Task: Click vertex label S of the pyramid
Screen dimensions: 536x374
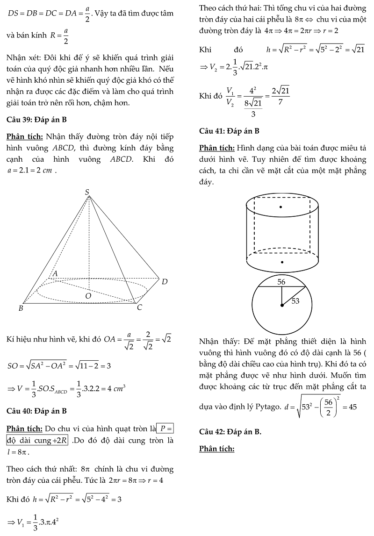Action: [x=87, y=192]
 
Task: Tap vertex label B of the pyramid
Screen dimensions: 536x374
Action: [x=21, y=308]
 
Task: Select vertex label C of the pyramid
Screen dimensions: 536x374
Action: [x=139, y=308]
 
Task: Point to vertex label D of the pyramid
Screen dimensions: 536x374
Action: [x=164, y=282]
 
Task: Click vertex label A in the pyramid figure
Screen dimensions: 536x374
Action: [x=55, y=273]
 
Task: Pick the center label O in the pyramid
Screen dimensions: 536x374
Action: [x=88, y=296]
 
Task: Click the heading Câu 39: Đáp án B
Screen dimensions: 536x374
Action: [x=37, y=120]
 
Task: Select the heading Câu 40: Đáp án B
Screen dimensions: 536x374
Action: [x=37, y=411]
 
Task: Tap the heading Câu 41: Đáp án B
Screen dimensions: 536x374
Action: [x=229, y=131]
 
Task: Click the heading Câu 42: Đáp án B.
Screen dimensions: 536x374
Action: [x=230, y=432]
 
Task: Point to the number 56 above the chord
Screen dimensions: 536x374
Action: [x=281, y=282]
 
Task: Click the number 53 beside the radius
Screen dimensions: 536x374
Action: [x=295, y=301]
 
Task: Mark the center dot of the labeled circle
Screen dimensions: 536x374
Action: [x=281, y=306]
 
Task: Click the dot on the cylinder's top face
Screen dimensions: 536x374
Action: [x=280, y=207]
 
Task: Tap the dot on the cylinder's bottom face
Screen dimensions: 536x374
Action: [x=281, y=262]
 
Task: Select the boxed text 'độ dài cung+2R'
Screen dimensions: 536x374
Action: [x=37, y=441]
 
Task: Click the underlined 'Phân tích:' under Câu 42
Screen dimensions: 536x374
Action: [x=216, y=449]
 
